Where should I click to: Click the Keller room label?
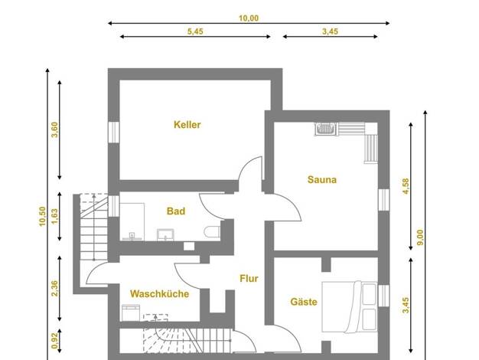click(187, 125)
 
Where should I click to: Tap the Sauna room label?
click(322, 179)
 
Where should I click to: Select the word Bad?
click(176, 211)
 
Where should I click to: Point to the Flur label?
click(249, 278)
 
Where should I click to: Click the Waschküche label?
click(159, 293)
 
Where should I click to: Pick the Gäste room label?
click(304, 302)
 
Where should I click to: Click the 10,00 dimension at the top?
click(249, 18)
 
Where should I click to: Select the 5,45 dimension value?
click(195, 31)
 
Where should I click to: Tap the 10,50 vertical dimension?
click(42, 216)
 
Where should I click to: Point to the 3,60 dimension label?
click(54, 129)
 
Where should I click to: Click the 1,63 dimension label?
click(54, 216)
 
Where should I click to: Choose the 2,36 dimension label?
click(54, 289)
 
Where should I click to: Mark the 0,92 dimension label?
click(54, 340)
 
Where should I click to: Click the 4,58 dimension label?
click(406, 186)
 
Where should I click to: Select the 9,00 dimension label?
click(420, 237)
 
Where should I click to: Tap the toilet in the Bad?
click(212, 231)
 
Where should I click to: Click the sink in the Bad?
click(165, 235)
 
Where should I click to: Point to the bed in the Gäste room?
click(350, 306)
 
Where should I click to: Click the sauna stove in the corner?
click(325, 129)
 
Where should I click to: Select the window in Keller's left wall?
click(113, 133)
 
